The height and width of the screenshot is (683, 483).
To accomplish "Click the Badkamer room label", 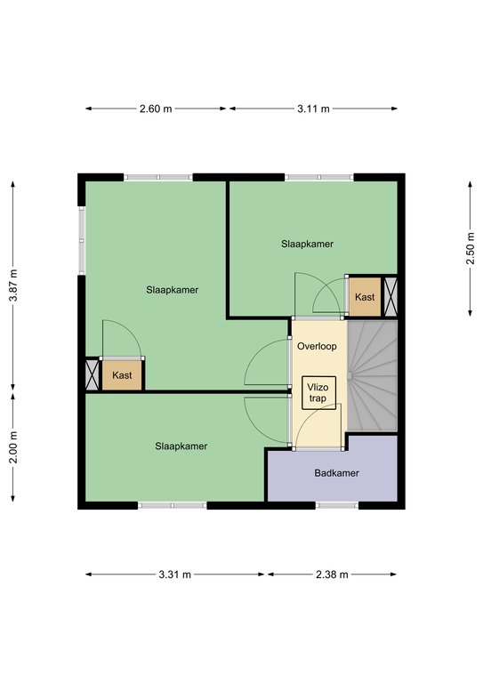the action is pos(336,473).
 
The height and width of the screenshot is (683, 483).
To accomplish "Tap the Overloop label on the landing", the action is pos(317,346).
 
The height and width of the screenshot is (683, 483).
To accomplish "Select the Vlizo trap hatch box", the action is pos(318,393).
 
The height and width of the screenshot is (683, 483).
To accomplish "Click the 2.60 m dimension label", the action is pos(156,108).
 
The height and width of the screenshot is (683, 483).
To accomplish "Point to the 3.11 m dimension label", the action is pos(313,108).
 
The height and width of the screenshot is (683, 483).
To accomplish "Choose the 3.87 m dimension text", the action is pos(13,285).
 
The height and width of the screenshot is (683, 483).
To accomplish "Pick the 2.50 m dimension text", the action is pos(471,248).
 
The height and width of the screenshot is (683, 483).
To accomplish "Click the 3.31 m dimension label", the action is pos(174,575).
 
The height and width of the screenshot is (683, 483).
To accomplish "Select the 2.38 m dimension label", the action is pos(332,575).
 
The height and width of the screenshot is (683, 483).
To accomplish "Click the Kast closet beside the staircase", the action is pos(365,297).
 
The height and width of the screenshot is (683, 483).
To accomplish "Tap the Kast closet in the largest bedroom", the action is pos(122,374).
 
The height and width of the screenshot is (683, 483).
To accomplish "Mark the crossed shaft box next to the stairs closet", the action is pos(390,297).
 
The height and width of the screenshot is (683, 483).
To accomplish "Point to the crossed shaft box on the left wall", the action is pos(92,374).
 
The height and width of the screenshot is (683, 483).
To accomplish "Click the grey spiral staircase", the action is pos(373,376).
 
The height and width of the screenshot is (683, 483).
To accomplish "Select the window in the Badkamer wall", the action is pos(336,505).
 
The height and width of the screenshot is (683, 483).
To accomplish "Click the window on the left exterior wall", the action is pos(82,240).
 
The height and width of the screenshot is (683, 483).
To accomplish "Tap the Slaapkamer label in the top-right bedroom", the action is pos(307,244).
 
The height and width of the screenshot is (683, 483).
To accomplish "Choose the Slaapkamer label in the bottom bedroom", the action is pos(181,446).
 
